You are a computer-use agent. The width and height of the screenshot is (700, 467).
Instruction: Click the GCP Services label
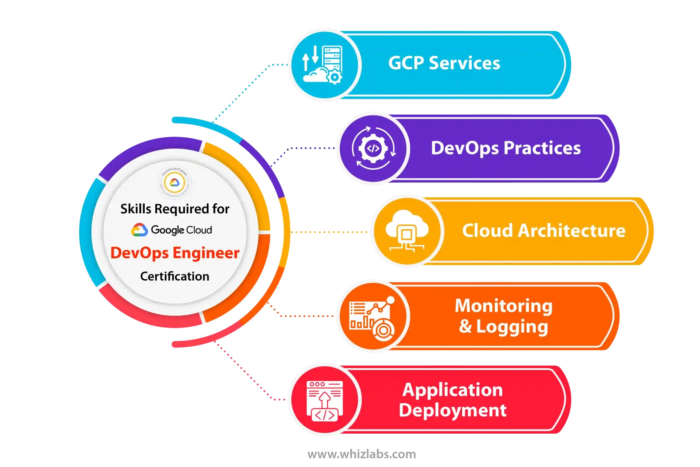pyautogui.click(x=444, y=63)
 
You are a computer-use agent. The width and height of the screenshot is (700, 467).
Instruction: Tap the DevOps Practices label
pyautogui.click(x=506, y=148)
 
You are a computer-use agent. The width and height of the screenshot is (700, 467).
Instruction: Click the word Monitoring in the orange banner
pyautogui.click(x=504, y=306)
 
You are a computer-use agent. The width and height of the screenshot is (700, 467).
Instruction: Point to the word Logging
pyautogui.click(x=512, y=327)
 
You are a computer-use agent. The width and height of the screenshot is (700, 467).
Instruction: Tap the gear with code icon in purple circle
pyautogui.click(x=373, y=148)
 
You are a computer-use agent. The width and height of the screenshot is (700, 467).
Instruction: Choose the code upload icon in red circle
pyautogui.click(x=325, y=401)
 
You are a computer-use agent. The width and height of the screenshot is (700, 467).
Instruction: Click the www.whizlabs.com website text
pyautogui.click(x=361, y=454)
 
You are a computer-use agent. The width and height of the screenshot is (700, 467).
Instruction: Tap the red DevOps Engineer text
pyautogui.click(x=175, y=253)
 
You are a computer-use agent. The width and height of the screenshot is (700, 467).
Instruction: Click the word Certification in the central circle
pyautogui.click(x=175, y=276)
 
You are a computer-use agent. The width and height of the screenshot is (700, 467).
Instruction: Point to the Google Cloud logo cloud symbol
pyautogui.click(x=139, y=230)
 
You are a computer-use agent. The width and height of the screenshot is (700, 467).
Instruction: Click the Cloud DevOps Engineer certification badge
pyautogui.click(x=175, y=182)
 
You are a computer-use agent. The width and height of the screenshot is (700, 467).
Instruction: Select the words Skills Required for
pyautogui.click(x=175, y=209)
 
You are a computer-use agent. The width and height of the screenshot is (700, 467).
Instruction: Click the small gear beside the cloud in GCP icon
pyautogui.click(x=334, y=77)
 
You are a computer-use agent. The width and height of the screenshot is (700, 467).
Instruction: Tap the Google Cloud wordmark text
pyautogui.click(x=182, y=230)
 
